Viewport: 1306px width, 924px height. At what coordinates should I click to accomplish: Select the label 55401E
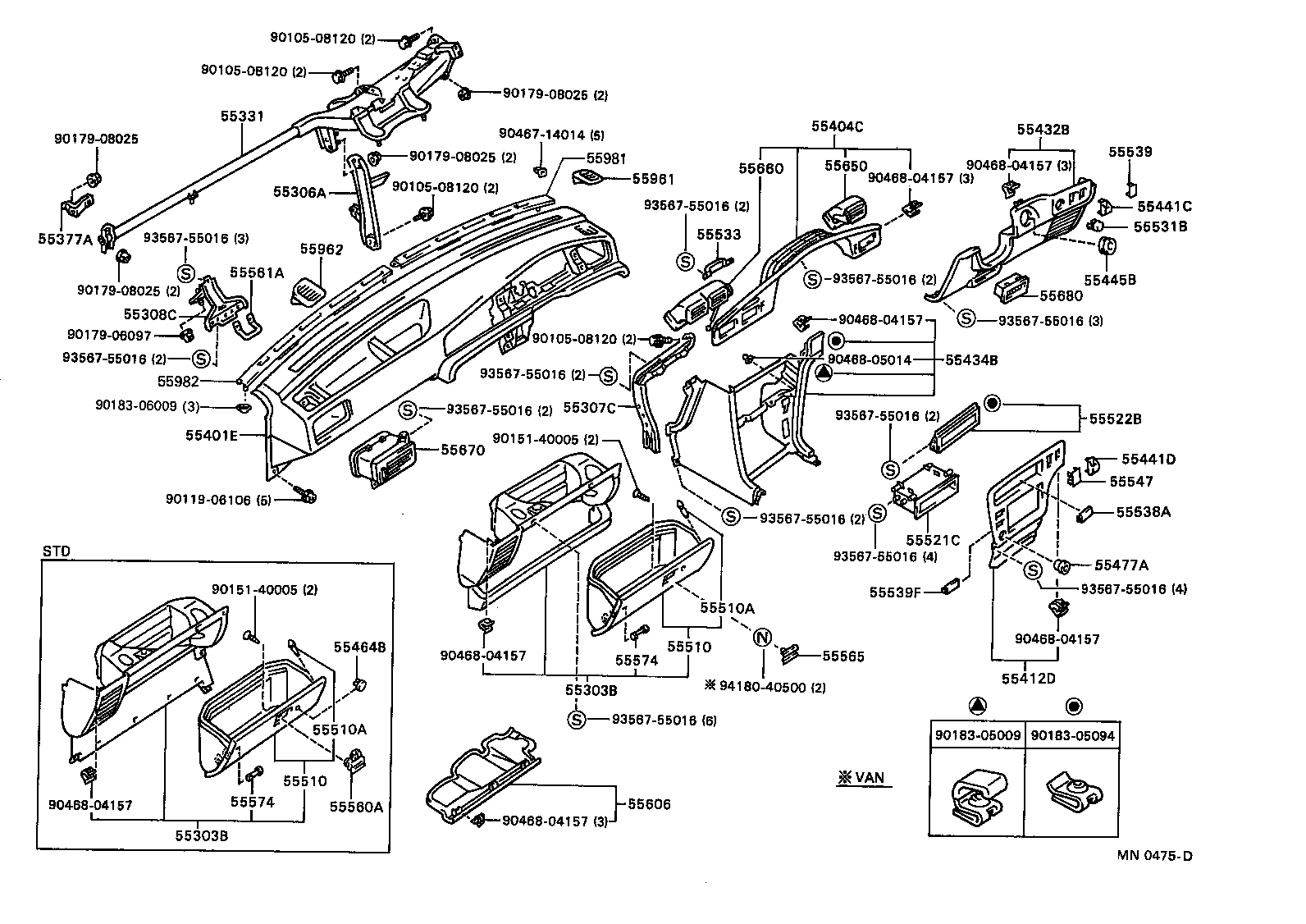(x=211, y=435)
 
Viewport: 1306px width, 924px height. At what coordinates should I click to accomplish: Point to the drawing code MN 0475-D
(x=1154, y=856)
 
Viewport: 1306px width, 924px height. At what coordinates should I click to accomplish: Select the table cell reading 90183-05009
(x=977, y=736)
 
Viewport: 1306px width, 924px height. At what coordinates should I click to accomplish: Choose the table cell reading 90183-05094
(x=1073, y=736)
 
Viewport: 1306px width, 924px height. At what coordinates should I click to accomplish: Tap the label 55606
(x=650, y=804)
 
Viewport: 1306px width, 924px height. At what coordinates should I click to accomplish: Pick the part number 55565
(x=843, y=656)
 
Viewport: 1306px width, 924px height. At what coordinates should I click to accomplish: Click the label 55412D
(x=1028, y=678)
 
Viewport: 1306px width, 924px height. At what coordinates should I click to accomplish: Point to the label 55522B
(x=1116, y=419)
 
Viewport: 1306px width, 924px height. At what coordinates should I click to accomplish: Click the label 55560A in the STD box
(x=356, y=806)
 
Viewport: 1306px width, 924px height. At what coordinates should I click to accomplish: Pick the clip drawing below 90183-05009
(x=976, y=796)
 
